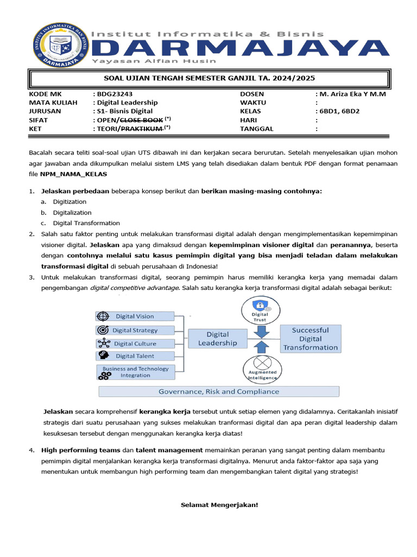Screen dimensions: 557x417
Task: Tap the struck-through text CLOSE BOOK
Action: [141, 120]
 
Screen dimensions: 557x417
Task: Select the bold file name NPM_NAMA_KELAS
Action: [73, 174]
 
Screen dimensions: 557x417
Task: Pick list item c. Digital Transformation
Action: [86, 223]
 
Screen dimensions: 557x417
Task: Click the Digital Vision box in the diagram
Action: [135, 316]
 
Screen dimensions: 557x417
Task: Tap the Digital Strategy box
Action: [135, 330]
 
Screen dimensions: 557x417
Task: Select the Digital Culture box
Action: [135, 343]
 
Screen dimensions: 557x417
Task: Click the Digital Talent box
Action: [135, 356]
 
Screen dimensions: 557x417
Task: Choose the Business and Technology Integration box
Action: [135, 372]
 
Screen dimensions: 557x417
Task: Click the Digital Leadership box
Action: [218, 338]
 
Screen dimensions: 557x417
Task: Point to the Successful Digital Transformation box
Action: [310, 338]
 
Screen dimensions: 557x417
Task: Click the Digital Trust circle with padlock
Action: [260, 310]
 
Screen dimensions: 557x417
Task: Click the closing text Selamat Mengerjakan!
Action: [219, 505]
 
